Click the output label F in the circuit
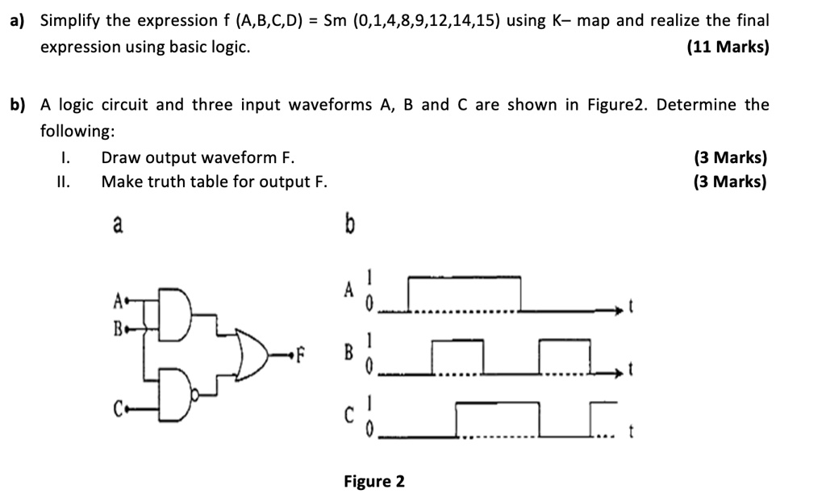302,353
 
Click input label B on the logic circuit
118,328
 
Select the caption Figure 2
374,482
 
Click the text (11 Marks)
728,47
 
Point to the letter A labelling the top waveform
348,289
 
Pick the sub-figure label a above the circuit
118,225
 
